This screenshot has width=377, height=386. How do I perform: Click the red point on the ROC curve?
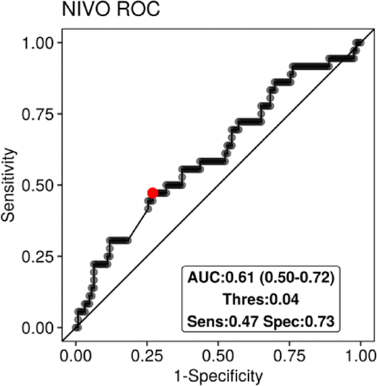pyautogui.click(x=152, y=193)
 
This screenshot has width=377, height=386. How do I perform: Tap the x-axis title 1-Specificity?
pyautogui.click(x=218, y=377)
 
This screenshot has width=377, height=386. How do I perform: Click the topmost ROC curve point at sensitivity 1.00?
pyautogui.click(x=359, y=43)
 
